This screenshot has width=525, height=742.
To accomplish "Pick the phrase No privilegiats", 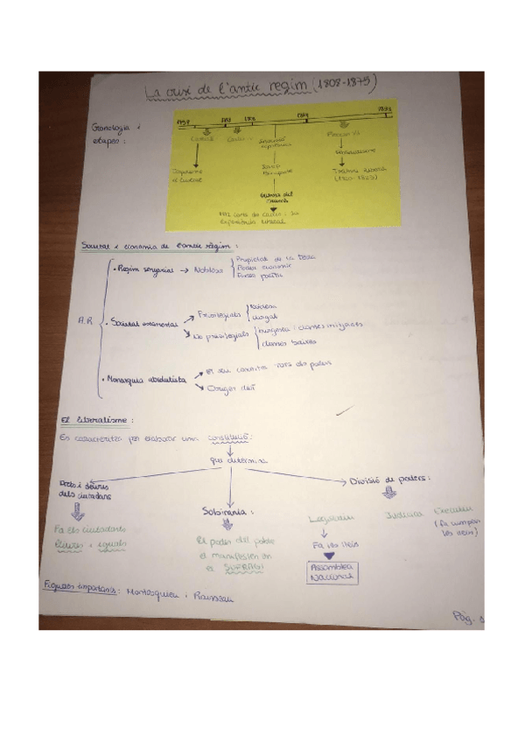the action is [x=221, y=336].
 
